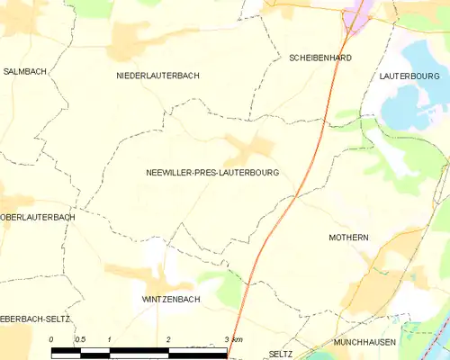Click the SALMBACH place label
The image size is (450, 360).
point(25,70)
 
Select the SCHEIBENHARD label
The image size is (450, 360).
point(319,58)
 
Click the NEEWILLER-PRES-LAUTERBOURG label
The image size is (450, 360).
point(211,172)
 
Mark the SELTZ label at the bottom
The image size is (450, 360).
point(280,355)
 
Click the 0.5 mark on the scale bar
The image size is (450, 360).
point(79,339)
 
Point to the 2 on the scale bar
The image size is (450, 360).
point(168,339)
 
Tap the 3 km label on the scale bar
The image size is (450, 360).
point(233,339)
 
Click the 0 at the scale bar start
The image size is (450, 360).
point(51,339)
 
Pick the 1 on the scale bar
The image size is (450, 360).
point(109,339)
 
